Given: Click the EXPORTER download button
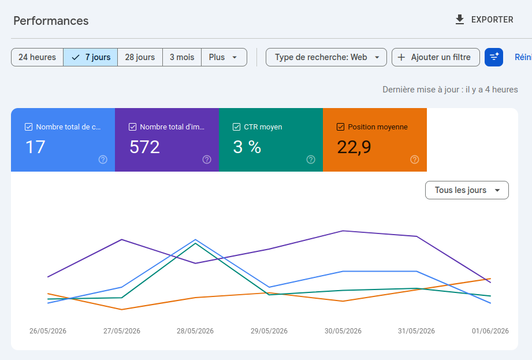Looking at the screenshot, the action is [484, 20].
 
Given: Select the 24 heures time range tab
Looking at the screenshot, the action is [38, 57].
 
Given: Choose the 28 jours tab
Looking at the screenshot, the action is [140, 57].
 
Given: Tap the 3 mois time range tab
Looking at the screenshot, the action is [182, 57].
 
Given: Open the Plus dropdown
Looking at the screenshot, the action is [224, 57].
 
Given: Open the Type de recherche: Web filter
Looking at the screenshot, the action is [326, 57].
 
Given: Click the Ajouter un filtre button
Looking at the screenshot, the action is [436, 57].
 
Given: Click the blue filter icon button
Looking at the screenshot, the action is [494, 57].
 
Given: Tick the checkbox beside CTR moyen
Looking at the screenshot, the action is [236, 127].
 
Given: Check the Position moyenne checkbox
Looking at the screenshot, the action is [340, 127].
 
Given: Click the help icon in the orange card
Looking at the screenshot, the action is [415, 159].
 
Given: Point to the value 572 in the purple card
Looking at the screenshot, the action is [144, 147].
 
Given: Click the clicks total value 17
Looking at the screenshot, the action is [35, 147].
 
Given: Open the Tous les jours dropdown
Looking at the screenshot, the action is [467, 190].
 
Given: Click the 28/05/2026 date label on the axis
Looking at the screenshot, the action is [195, 331].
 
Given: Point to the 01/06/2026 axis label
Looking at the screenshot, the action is [490, 331].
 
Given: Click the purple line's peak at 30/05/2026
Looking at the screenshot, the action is [343, 231].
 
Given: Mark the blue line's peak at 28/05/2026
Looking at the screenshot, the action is [195, 240].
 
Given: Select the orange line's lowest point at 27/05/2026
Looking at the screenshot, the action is [122, 310].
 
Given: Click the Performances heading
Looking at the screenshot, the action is [51, 21].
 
